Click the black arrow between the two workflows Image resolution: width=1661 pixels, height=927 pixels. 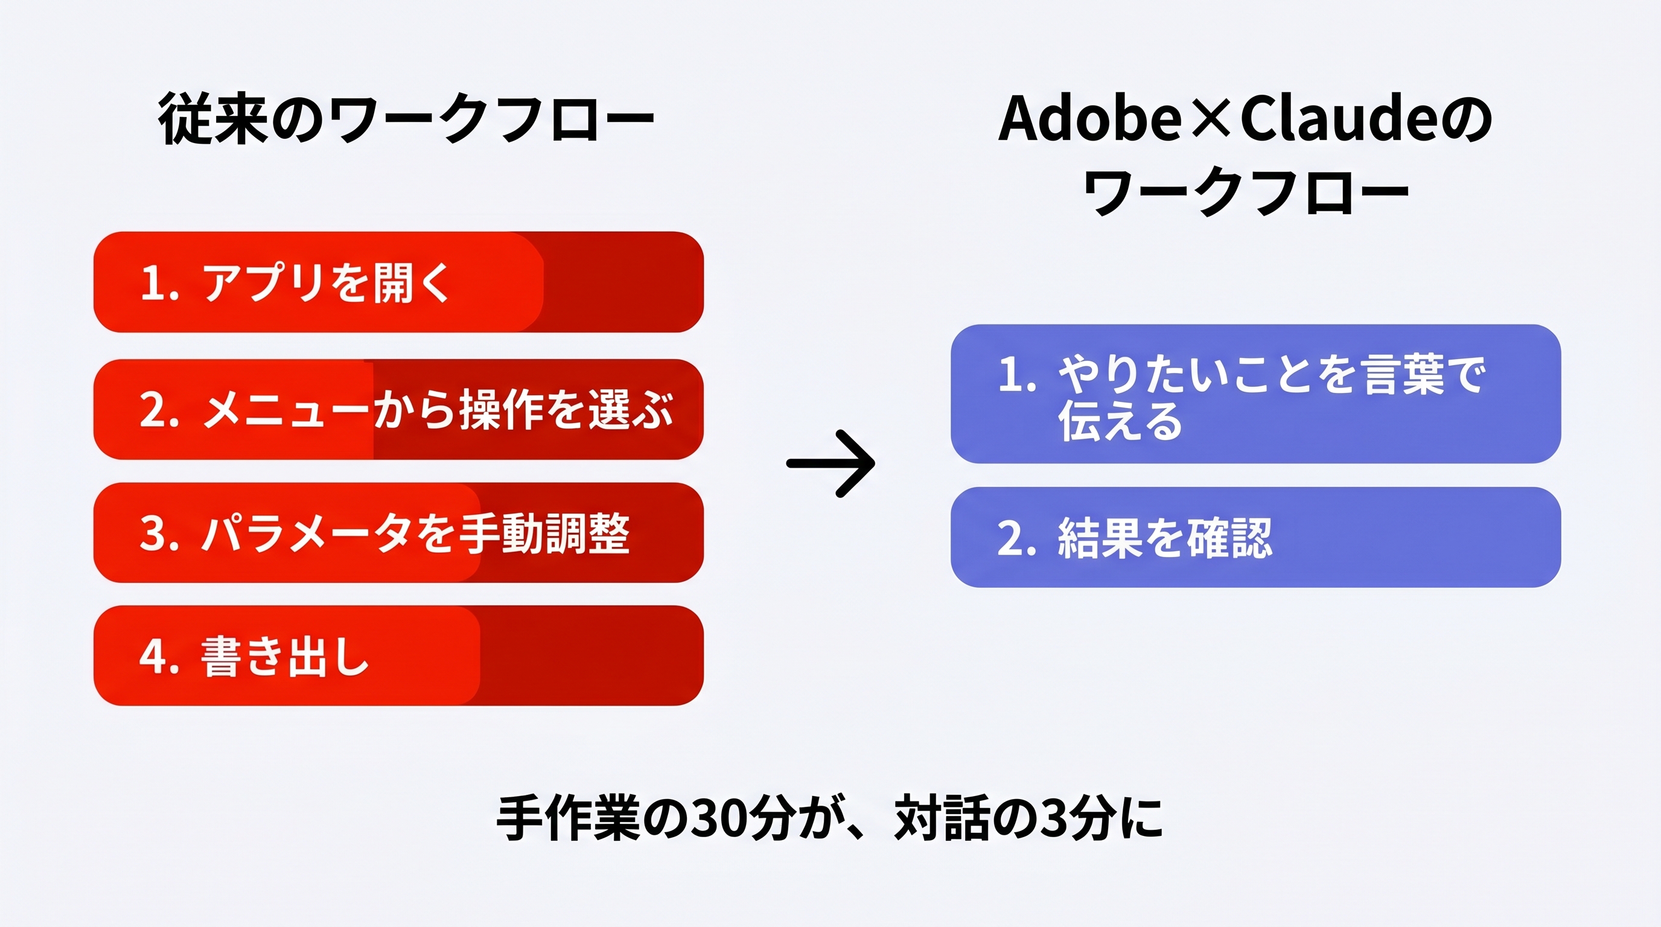point(830,463)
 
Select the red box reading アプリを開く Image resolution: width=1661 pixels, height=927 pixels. point(398,282)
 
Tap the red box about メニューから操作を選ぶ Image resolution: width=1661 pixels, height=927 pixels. point(398,409)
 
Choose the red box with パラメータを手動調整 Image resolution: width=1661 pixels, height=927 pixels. point(398,532)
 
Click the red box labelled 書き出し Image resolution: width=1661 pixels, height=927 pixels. point(398,655)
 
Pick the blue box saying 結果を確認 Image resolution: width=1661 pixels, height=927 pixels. point(1255,537)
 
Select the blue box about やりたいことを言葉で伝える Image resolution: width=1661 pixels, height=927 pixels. point(1255,394)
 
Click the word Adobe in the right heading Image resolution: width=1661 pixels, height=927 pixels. point(1089,119)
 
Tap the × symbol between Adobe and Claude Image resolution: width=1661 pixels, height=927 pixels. point(1212,120)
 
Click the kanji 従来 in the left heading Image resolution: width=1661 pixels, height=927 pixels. point(213,119)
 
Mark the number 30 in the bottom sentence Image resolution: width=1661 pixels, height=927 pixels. point(715,820)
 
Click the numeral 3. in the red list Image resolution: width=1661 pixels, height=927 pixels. point(158,534)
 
